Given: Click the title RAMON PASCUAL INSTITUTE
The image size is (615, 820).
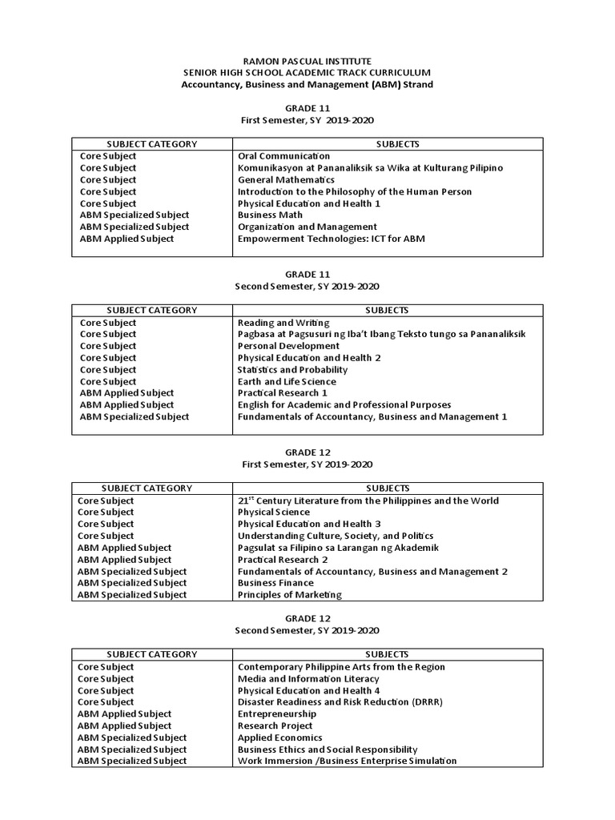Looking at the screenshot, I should [x=307, y=61].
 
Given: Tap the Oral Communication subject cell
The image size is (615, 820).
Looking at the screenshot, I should [x=284, y=156].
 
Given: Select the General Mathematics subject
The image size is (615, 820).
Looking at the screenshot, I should [x=286, y=180].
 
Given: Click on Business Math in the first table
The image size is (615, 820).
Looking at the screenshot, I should [x=270, y=215].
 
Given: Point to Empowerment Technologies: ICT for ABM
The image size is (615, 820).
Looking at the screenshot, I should [x=331, y=239].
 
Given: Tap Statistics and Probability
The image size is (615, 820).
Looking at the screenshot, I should [x=292, y=370].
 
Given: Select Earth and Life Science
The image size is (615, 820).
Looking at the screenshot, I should [x=287, y=382].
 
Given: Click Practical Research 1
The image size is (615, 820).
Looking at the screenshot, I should [x=282, y=393].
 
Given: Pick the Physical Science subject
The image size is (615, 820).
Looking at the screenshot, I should [x=274, y=512].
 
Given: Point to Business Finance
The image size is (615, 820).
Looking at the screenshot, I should [x=275, y=584].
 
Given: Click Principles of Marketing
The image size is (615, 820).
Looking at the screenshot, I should [x=290, y=595].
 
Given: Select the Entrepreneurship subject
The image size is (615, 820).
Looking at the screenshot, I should [x=277, y=714].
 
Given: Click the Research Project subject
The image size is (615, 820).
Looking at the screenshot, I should [x=275, y=726].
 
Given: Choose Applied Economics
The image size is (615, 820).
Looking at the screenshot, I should [x=280, y=738].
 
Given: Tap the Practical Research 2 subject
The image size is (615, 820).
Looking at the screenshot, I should [x=283, y=560].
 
